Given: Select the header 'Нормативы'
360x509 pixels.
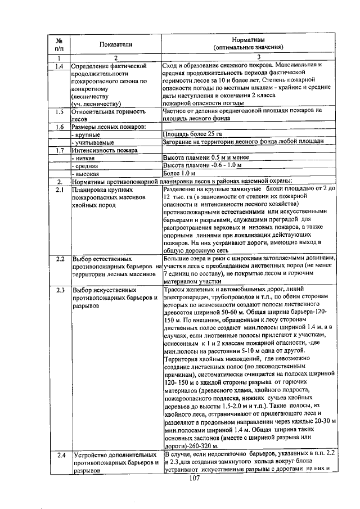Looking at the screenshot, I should [x=248, y=39].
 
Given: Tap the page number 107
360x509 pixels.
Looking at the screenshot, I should [x=195, y=478].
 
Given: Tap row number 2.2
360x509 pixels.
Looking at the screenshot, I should [x=59, y=259].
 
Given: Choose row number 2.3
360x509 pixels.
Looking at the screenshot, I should [x=59, y=290].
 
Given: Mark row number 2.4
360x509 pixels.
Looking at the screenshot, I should [x=59, y=454].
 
